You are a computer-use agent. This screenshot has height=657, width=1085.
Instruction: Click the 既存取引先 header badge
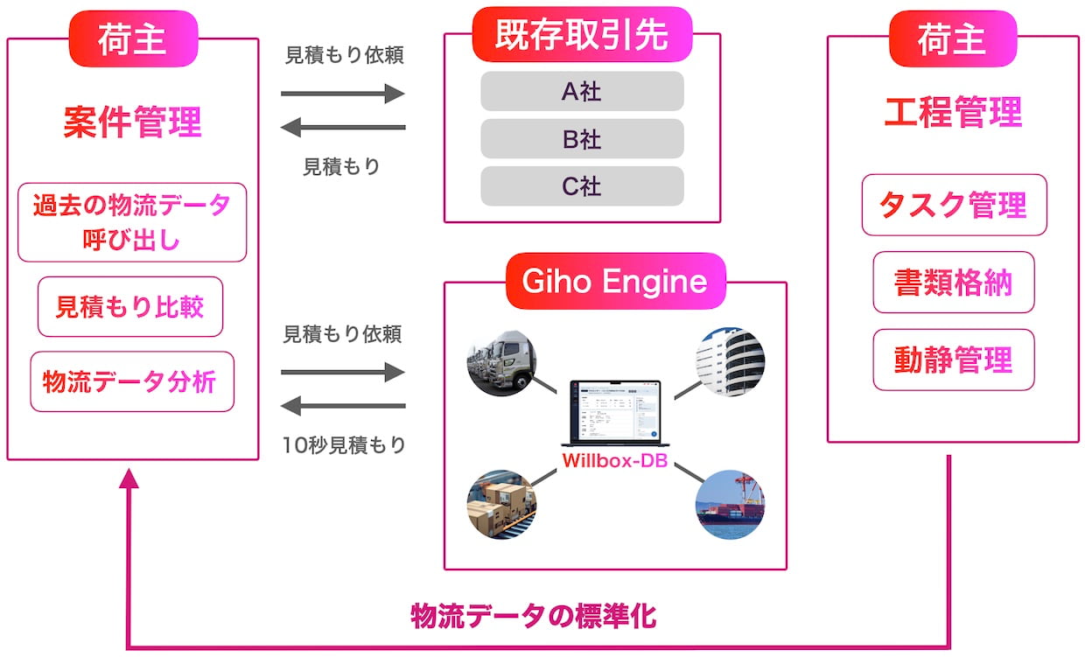pyautogui.click(x=582, y=35)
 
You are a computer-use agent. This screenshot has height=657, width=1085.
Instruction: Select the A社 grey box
pyautogui.click(x=582, y=91)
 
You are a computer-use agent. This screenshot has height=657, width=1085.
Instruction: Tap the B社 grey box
pyautogui.click(x=582, y=138)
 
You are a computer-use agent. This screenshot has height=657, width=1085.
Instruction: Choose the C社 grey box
pyautogui.click(x=582, y=185)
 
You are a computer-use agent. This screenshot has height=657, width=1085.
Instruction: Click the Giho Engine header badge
pyautogui.click(x=615, y=281)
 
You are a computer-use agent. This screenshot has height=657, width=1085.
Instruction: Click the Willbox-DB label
pyautogui.click(x=615, y=460)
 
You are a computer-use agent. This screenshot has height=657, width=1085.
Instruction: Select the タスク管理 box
pyautogui.click(x=954, y=205)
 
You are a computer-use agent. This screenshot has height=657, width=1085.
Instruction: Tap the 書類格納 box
pyautogui.click(x=954, y=283)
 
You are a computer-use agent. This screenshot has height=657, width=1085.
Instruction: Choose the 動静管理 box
pyautogui.click(x=954, y=360)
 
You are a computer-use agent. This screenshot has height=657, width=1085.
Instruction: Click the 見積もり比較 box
pyautogui.click(x=130, y=306)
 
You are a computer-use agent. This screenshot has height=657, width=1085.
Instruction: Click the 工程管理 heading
pyautogui.click(x=953, y=113)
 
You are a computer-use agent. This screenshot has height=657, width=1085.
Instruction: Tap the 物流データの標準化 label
pyautogui.click(x=533, y=616)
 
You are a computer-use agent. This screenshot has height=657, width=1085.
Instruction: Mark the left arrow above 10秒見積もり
pyautogui.click(x=343, y=406)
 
